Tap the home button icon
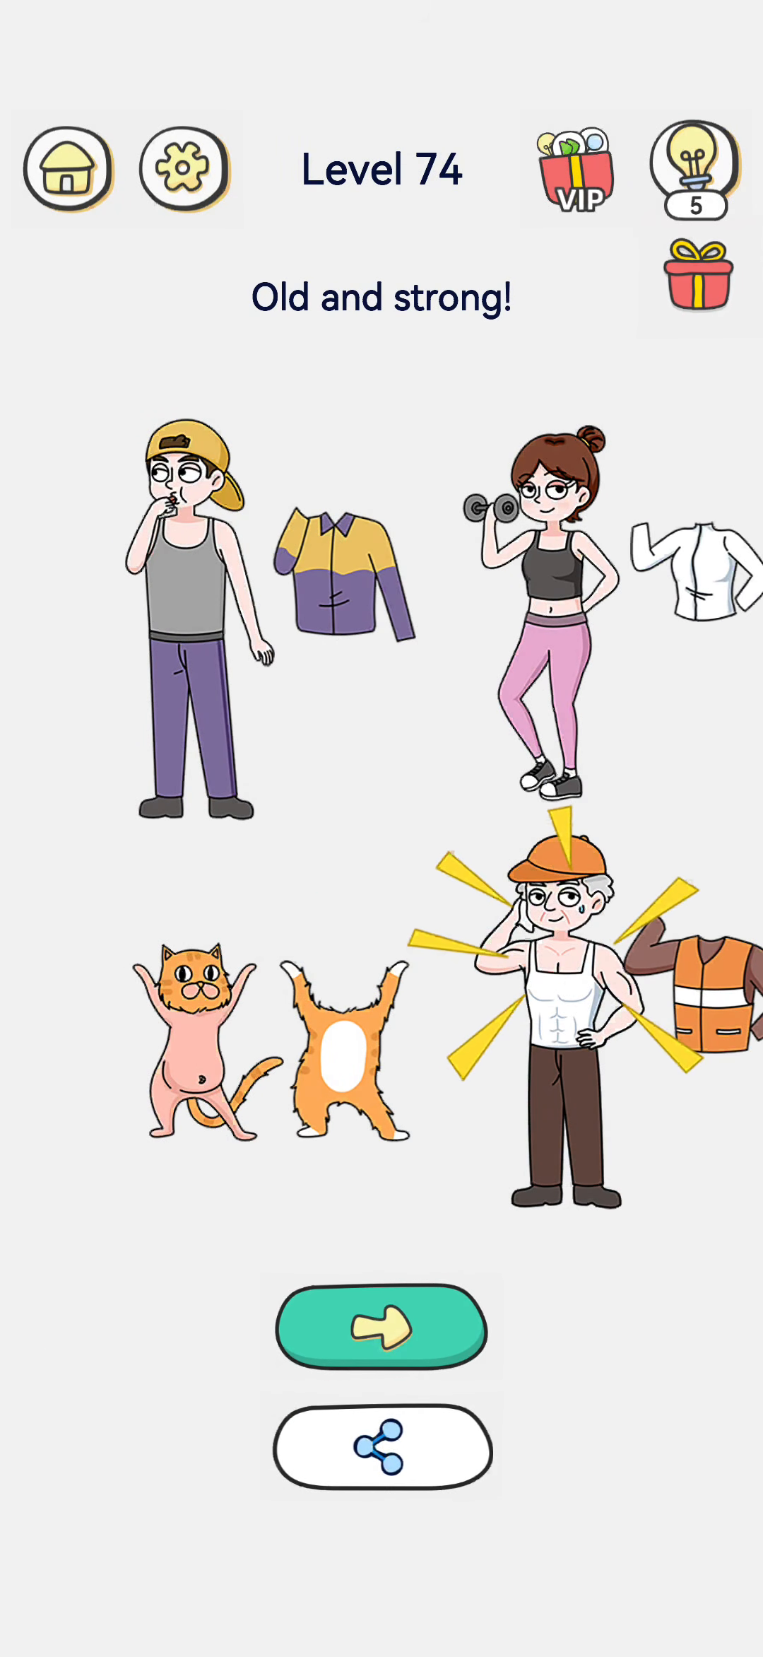[x=69, y=170]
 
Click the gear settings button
[x=184, y=169]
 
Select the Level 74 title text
[x=381, y=170]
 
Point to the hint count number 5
[x=696, y=206]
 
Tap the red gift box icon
[x=698, y=275]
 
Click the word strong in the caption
[x=452, y=298]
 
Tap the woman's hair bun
[x=591, y=439]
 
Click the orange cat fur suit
[x=345, y=1050]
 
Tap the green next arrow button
[x=381, y=1327]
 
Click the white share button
[x=382, y=1447]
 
